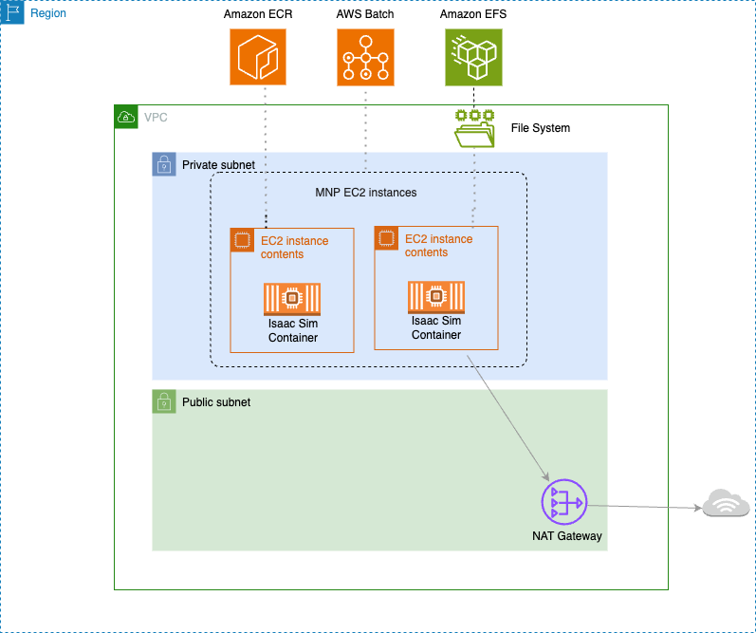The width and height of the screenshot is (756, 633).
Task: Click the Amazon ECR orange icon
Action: point(258,56)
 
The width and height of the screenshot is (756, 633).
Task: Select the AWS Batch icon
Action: point(365,56)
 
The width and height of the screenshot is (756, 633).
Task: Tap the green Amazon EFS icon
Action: point(473,56)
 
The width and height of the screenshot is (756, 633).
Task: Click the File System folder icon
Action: point(474,128)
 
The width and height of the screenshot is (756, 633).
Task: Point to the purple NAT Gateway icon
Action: point(564,502)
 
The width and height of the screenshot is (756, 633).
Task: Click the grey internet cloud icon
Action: point(728,504)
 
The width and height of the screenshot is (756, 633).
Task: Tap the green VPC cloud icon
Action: point(125,117)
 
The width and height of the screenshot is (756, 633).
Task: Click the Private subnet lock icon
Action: point(164,164)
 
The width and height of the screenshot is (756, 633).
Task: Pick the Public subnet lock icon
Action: point(164,401)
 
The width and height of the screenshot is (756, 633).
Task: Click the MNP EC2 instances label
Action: point(365,193)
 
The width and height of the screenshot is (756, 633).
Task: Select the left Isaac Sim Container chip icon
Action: point(292,299)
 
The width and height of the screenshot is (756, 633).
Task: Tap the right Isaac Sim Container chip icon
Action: point(436,297)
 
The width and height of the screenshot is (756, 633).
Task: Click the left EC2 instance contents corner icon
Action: point(242,239)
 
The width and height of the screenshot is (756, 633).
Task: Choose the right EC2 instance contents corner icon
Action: point(386,237)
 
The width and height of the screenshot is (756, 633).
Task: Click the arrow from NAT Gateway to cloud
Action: point(645,506)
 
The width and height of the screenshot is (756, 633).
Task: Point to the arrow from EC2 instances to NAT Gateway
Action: point(508,418)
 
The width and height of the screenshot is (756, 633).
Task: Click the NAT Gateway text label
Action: point(566,536)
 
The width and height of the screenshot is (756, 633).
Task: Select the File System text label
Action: point(540,128)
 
